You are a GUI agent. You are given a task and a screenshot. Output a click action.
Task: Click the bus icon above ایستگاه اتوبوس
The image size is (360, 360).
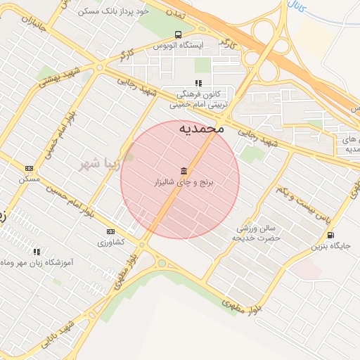(x=177, y=34)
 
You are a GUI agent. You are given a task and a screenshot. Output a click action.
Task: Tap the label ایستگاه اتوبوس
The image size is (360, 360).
(x=178, y=46)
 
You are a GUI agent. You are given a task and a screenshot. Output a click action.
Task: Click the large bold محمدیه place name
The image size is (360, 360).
(x=201, y=129)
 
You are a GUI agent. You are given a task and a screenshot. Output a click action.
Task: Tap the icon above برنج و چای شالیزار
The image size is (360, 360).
(x=184, y=171)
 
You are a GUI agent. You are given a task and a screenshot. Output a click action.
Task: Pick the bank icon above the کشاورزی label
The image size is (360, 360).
(x=110, y=231)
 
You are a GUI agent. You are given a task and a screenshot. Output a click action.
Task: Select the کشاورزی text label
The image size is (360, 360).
(x=110, y=242)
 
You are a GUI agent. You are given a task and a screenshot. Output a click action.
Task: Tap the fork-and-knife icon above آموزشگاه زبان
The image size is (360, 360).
(x=37, y=251)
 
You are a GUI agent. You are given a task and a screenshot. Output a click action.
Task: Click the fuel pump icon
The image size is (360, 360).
(x=330, y=236)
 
